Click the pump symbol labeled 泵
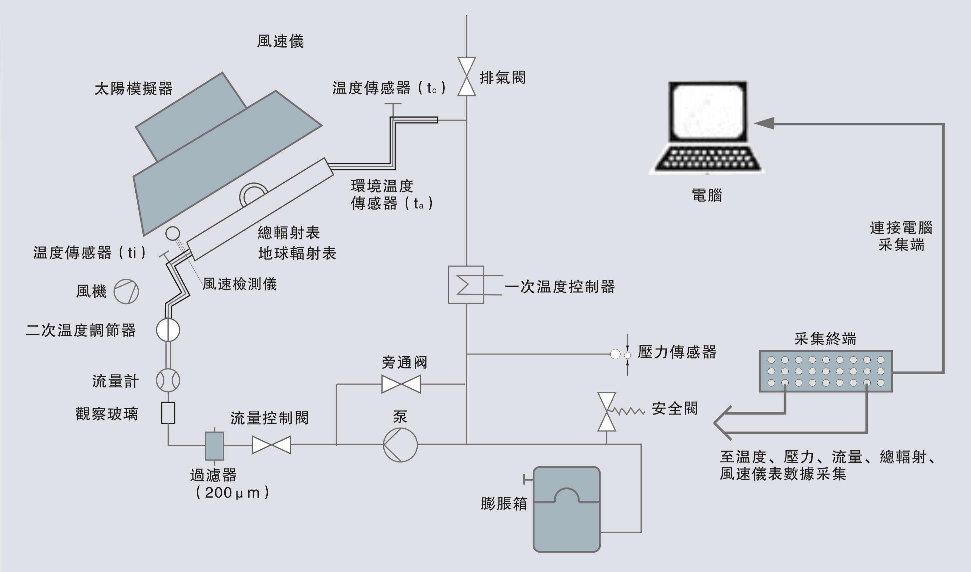(400, 445)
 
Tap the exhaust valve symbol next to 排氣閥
(467, 76)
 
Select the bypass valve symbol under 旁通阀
(401, 384)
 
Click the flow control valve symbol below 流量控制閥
(271, 445)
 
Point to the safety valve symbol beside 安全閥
(606, 412)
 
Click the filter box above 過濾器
(214, 446)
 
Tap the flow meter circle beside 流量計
(168, 381)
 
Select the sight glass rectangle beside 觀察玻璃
(168, 413)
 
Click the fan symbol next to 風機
(126, 292)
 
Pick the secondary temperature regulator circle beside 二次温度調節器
(168, 330)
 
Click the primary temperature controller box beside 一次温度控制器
(466, 284)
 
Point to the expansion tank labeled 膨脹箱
(566, 509)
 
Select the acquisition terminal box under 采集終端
(826, 371)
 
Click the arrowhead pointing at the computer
(764, 123)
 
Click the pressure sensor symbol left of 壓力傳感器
(620, 354)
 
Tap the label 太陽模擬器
(133, 89)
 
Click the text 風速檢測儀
(240, 284)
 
